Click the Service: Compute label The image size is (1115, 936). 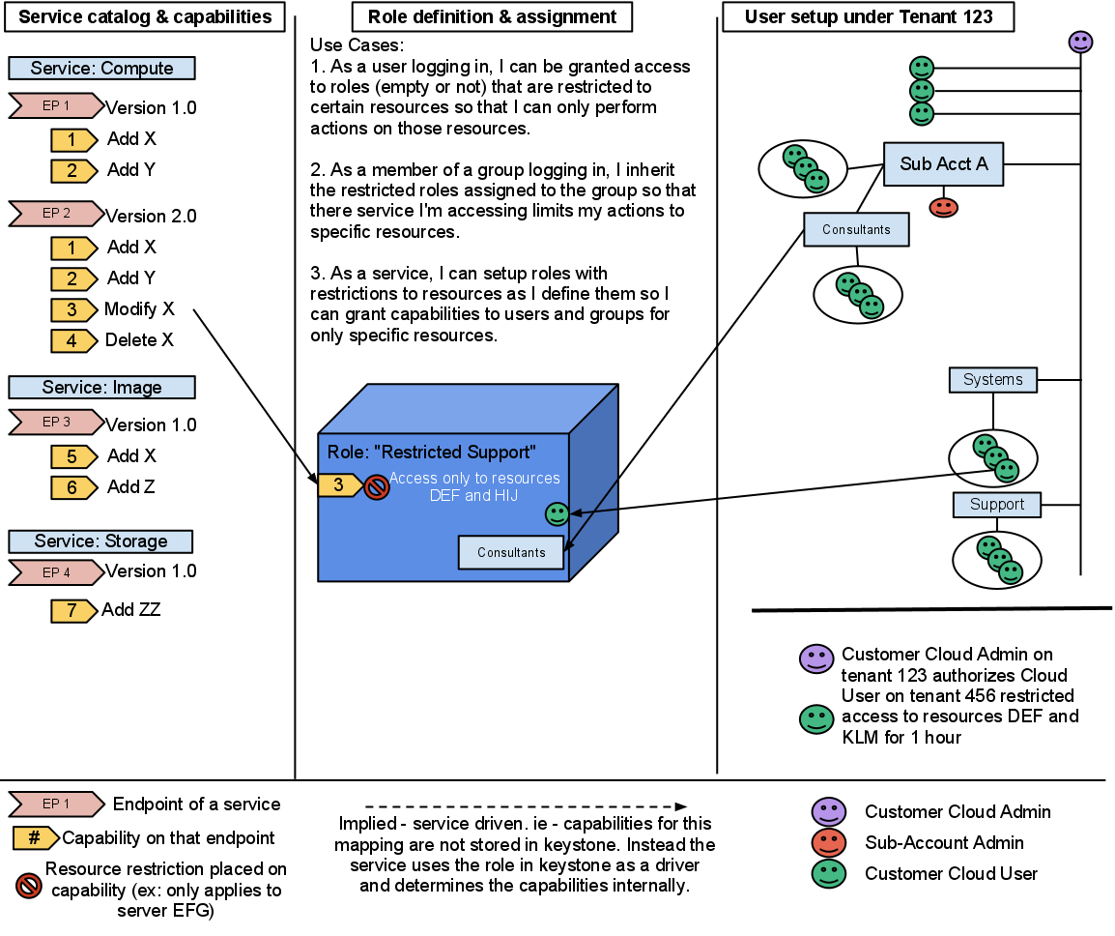coord(101,69)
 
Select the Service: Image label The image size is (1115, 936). coord(101,388)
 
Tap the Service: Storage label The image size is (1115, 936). coord(100,541)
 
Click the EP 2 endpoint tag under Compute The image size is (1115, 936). coord(57,214)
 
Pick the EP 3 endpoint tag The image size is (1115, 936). coord(57,423)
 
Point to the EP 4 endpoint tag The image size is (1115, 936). coord(57,573)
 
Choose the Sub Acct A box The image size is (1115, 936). coord(943,164)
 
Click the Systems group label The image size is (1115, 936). coord(992,380)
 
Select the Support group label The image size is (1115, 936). coord(996,505)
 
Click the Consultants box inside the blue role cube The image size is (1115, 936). coord(511,552)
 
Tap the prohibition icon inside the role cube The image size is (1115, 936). coord(377,486)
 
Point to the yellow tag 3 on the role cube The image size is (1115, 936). coord(339,485)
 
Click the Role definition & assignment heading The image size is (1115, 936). coord(492,17)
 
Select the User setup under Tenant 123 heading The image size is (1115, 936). coord(868,17)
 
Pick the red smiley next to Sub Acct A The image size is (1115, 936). coord(943,208)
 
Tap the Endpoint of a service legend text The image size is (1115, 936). coord(196,804)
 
